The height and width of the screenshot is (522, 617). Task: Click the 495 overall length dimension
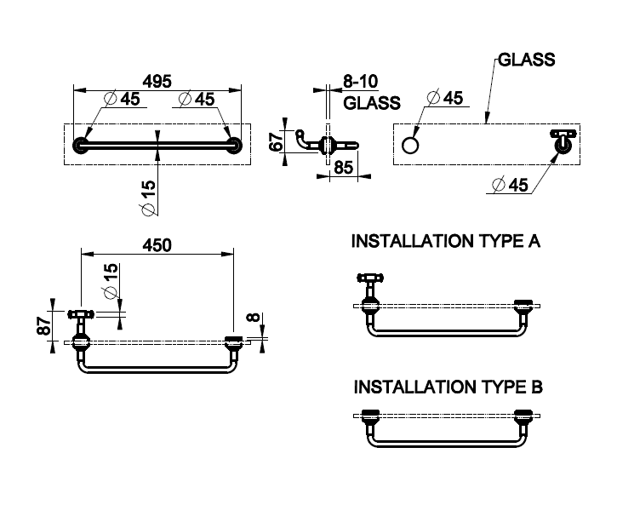157,81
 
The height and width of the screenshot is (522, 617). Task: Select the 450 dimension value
156,244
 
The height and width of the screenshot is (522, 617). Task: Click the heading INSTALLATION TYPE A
446,242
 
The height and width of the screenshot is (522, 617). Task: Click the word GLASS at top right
526,60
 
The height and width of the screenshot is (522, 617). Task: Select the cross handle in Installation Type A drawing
372,278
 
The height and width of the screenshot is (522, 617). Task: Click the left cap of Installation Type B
369,417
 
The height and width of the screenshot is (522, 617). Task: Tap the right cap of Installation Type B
523,417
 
